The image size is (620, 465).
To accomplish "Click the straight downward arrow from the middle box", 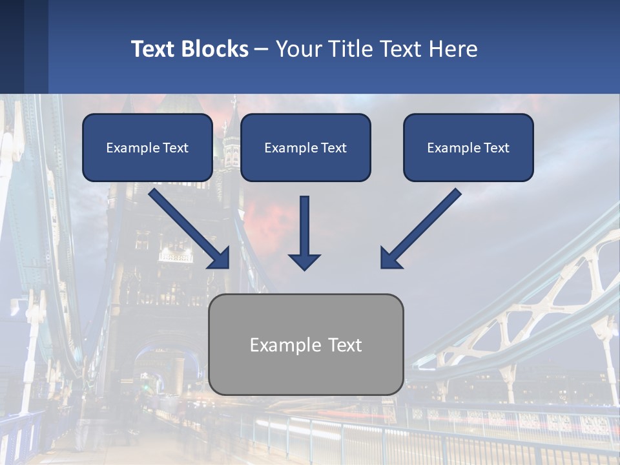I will click(x=304, y=226).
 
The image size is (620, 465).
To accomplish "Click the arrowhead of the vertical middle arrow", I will click(x=304, y=261).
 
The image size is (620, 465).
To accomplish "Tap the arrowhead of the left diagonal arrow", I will click(x=220, y=258).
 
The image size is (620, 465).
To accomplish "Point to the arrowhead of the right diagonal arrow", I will click(x=390, y=258).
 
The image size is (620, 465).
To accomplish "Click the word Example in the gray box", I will click(x=285, y=345).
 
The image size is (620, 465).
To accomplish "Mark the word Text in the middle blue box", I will click(x=333, y=148).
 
